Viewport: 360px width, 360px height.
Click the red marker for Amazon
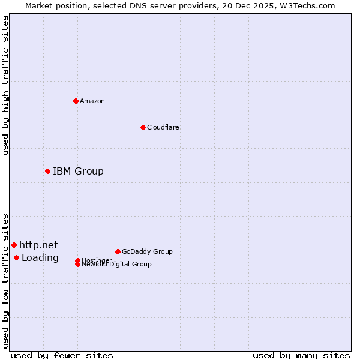(76, 101)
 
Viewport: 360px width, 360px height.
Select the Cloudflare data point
(143, 127)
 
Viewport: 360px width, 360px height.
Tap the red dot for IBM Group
(47, 172)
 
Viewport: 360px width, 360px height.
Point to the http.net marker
(14, 245)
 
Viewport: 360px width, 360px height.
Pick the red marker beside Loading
(16, 258)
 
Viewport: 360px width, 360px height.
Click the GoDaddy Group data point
(118, 251)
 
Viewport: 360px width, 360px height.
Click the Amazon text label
(92, 101)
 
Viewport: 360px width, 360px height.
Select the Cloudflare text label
(163, 127)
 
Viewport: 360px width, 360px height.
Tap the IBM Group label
(78, 172)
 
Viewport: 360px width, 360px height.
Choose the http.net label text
(38, 245)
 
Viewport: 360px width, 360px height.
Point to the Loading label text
(40, 258)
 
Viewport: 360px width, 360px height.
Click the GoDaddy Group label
(147, 251)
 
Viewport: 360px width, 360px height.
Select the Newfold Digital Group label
(116, 265)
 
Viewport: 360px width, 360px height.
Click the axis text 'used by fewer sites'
(62, 356)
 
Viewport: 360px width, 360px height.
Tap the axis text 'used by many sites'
(301, 356)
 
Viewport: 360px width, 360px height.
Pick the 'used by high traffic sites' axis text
(5, 85)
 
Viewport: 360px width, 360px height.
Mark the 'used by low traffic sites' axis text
(5, 281)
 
